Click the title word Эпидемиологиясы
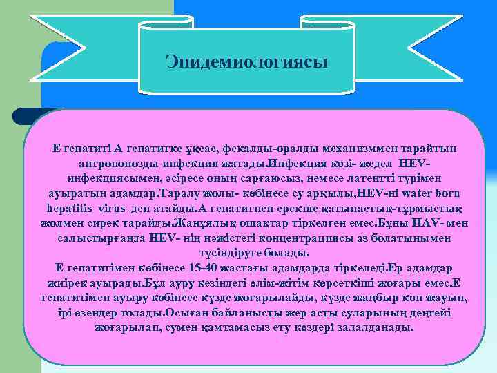(x=247, y=62)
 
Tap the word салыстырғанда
(x=99, y=238)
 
